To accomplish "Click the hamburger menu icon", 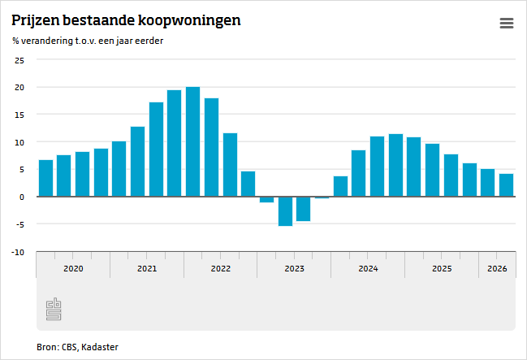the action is click(507, 24).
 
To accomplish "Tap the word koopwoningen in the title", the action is click(189, 21).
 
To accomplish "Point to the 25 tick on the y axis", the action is click(19, 61).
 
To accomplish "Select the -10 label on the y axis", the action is click(18, 253).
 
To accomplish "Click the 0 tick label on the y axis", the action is click(22, 197).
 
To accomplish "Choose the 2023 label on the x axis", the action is click(295, 268).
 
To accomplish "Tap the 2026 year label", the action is click(497, 268).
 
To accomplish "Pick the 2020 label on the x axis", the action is click(73, 268).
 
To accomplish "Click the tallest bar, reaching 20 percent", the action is click(193, 141).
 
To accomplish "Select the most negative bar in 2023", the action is click(285, 211).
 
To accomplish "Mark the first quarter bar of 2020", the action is click(45, 178).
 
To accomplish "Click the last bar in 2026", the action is click(506, 185).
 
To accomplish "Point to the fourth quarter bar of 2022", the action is click(248, 184).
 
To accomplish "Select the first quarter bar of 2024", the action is click(340, 186).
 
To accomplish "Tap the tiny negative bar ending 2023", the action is click(322, 197).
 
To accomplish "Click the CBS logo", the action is click(54, 309).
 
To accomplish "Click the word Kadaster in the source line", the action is click(100, 347).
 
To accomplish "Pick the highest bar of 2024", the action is click(396, 165).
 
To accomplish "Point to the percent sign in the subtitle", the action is click(15, 41).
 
